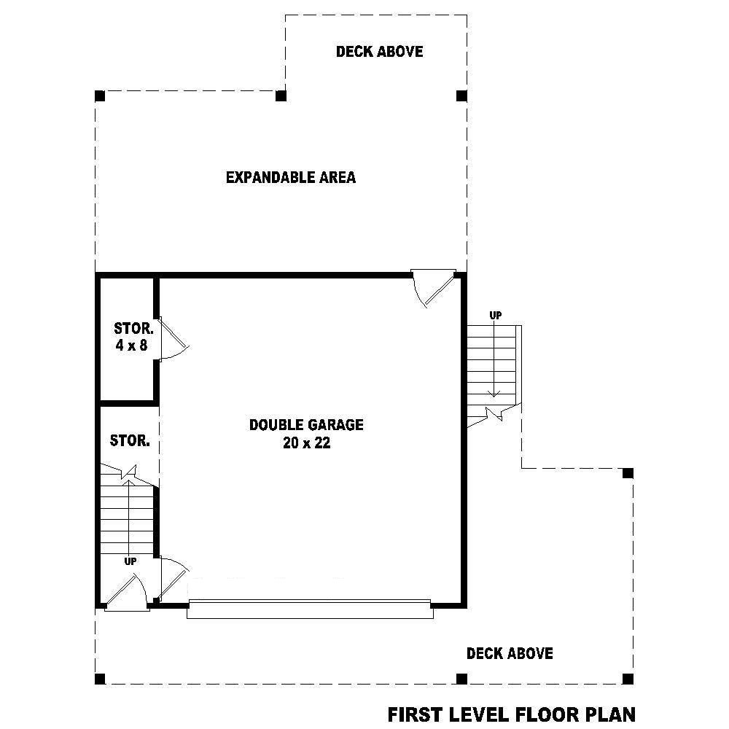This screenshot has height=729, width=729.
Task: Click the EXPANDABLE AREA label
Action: point(291,177)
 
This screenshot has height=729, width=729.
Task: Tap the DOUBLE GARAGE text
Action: point(306,424)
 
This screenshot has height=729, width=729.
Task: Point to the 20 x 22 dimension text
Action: point(306,443)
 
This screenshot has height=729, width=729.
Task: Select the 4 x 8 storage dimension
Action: point(131,346)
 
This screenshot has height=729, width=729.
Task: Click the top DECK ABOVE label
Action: point(379,52)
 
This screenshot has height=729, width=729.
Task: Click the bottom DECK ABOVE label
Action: point(510,654)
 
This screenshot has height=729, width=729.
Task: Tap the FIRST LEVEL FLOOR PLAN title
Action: point(512,714)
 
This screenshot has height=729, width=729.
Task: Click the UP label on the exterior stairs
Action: point(496,316)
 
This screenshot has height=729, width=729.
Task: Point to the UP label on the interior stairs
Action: point(130,561)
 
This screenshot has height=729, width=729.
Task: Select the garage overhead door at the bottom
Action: point(310,609)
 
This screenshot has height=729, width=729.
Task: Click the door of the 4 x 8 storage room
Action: point(173,338)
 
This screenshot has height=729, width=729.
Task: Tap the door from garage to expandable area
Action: point(432,287)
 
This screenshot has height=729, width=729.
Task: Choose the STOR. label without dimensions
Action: point(130,441)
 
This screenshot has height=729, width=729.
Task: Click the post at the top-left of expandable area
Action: point(100,96)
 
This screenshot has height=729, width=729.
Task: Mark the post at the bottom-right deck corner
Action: point(628,679)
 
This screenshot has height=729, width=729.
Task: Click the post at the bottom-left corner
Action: point(100,679)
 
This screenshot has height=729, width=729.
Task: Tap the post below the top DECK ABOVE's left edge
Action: point(281,96)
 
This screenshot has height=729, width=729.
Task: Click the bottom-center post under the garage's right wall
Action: point(461,679)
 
